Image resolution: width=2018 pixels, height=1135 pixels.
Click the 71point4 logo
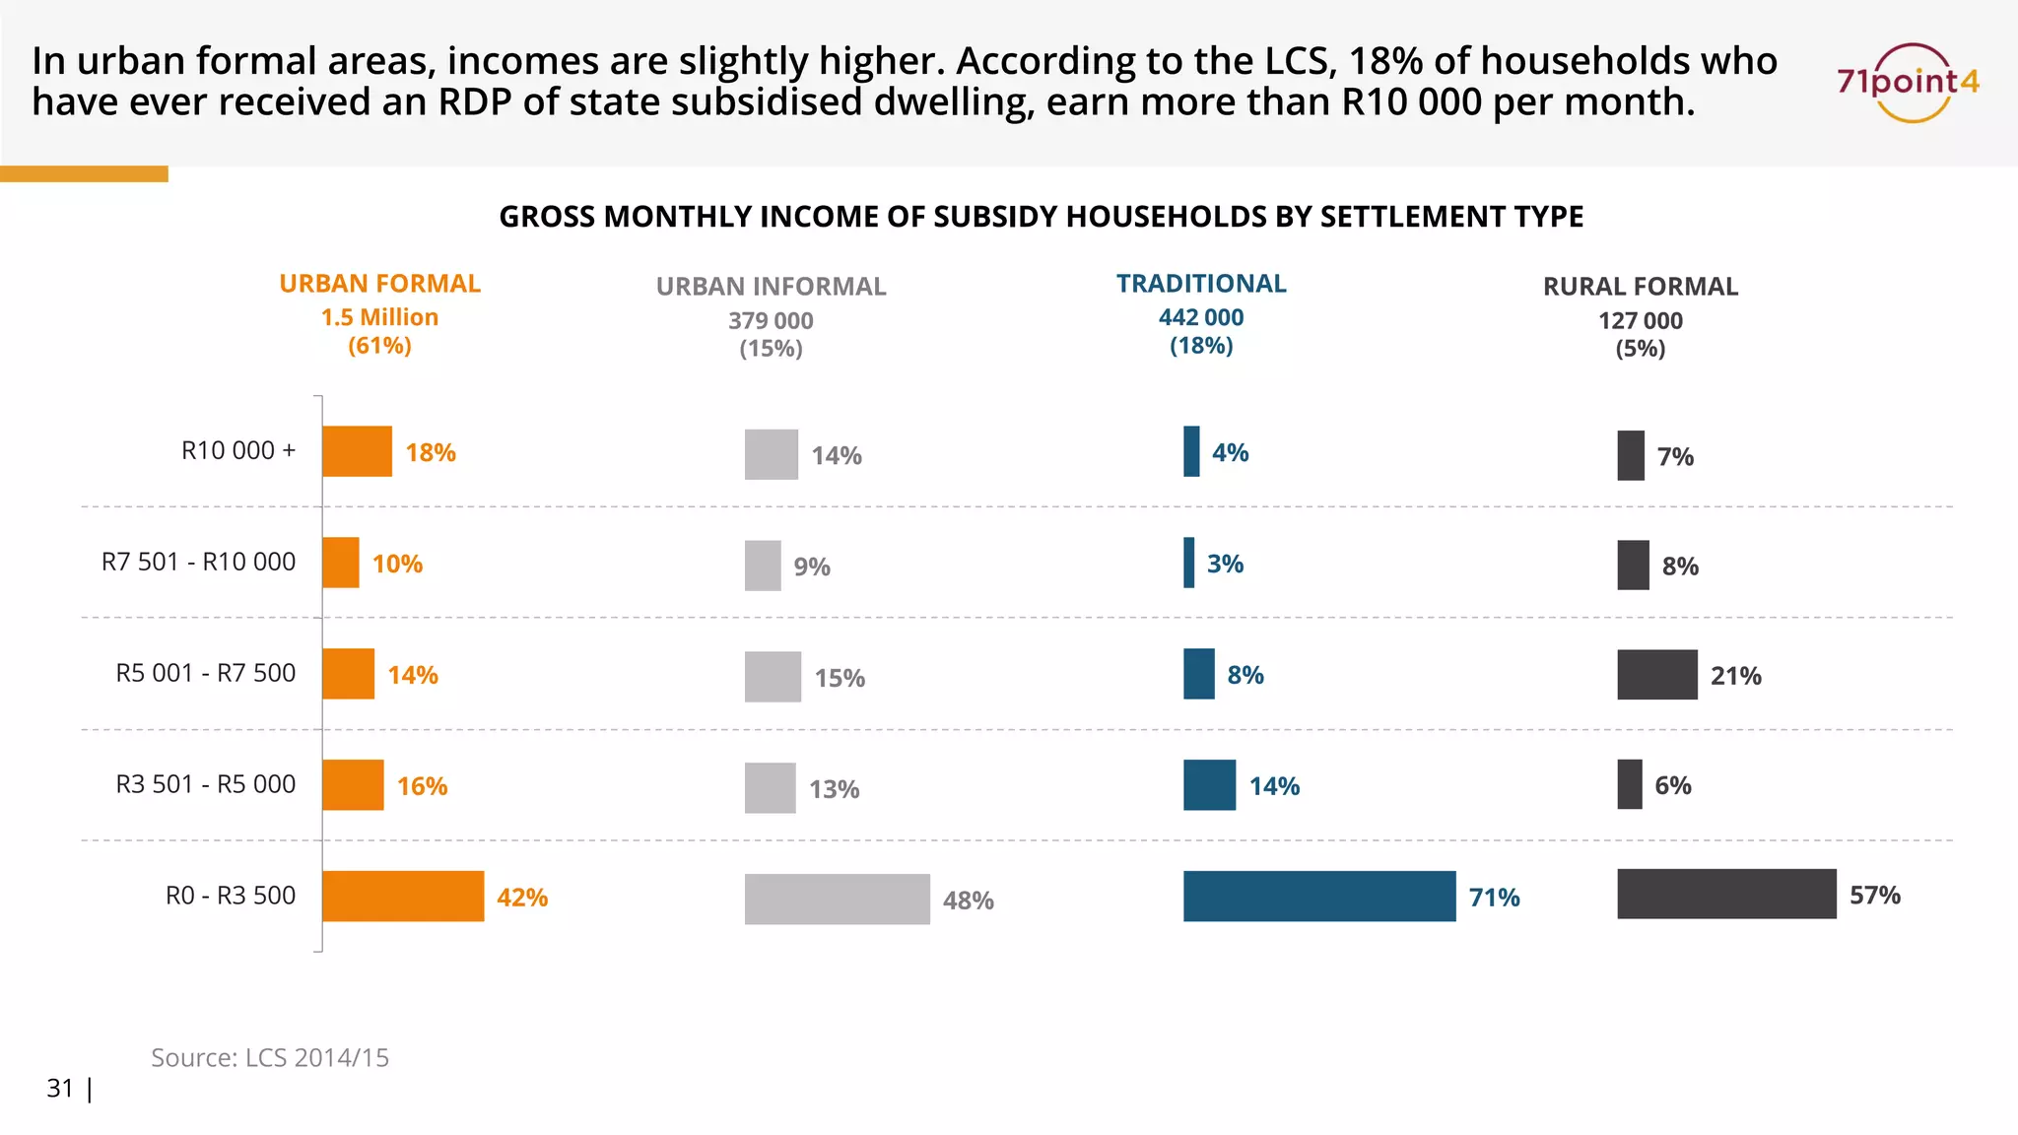(1908, 83)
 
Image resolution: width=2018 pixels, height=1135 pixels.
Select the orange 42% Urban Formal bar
(403, 897)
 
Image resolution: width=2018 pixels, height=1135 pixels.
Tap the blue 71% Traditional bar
(1318, 897)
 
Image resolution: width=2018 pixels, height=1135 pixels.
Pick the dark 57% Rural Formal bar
(1726, 895)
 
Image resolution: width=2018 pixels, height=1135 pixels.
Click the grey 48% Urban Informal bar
(837, 900)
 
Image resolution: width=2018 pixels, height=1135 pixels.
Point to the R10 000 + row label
(238, 451)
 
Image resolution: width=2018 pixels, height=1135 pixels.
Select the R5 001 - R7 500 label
(206, 673)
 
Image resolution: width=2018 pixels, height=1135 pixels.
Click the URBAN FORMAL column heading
(379, 284)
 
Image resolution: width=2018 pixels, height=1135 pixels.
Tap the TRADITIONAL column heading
(1201, 284)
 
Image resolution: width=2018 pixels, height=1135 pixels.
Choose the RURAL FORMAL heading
(1640, 287)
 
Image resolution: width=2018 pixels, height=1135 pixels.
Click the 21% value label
(1735, 676)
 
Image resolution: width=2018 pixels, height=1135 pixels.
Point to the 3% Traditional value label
(1225, 564)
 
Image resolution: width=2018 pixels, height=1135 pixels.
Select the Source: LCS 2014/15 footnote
(269, 1057)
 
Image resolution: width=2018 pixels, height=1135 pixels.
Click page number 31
(60, 1088)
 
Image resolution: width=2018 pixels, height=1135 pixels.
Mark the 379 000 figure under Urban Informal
(771, 321)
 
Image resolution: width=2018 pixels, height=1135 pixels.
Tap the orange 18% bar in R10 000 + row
(357, 451)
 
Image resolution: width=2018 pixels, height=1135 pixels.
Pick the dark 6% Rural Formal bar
(1630, 784)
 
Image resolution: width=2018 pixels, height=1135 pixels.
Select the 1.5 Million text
(379, 317)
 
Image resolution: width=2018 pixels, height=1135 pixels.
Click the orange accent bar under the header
(84, 174)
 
